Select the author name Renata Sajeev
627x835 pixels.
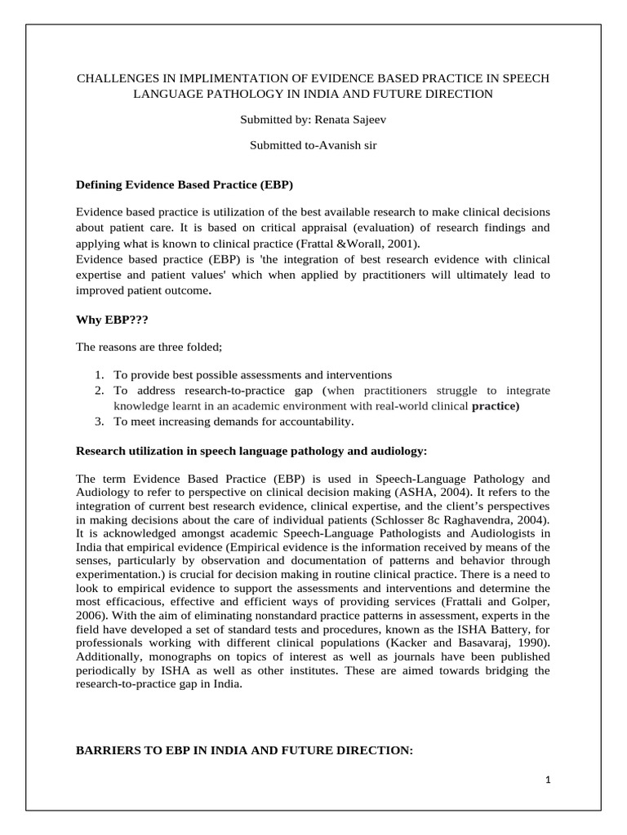345,120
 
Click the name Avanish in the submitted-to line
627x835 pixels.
340,146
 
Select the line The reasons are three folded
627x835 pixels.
149,347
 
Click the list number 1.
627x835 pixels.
98,374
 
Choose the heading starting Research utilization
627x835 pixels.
251,450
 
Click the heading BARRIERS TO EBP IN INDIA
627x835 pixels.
244,749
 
